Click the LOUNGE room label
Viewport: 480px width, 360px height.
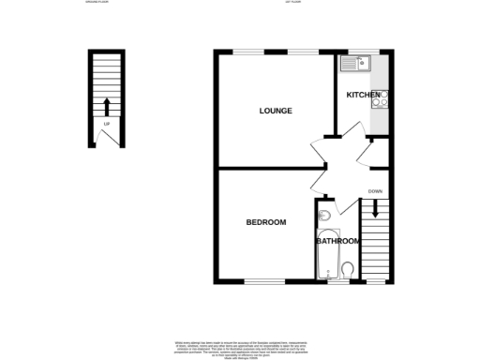click(x=276, y=111)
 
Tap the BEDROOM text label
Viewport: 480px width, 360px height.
click(x=266, y=222)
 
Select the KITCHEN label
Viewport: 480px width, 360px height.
click(x=363, y=96)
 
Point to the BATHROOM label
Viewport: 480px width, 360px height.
click(x=337, y=241)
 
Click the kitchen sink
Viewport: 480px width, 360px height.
click(x=357, y=65)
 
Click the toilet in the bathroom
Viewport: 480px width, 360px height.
click(x=347, y=271)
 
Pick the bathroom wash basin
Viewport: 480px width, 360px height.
click(x=323, y=217)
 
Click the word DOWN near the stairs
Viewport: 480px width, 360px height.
click(x=375, y=191)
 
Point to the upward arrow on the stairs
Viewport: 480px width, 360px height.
click(x=106, y=104)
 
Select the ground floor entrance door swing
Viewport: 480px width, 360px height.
click(x=106, y=138)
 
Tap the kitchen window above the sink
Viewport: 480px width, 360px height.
click(x=361, y=51)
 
